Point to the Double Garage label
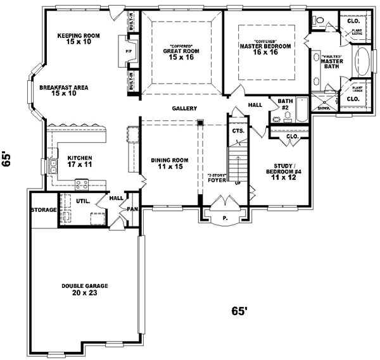point(84,290)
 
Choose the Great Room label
point(181,53)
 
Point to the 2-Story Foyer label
point(217,178)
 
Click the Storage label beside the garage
point(44,209)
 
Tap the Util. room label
point(82,202)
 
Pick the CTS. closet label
point(237,130)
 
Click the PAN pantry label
point(132,208)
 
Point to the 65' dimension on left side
point(8,158)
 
